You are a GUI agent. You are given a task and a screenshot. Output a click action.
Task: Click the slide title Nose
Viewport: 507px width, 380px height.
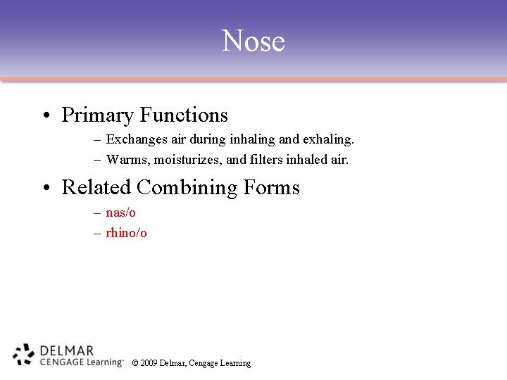(254, 41)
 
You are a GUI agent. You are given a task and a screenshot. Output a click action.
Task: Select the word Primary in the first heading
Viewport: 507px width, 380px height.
(97, 115)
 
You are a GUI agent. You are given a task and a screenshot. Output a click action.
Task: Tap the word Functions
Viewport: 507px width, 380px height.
(184, 115)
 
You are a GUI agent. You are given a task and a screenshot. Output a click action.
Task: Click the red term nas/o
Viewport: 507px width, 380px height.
(120, 213)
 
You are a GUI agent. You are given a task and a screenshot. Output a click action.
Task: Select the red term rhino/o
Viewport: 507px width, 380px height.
(126, 232)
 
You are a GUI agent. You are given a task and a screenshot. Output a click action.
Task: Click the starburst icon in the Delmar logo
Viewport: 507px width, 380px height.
(24, 355)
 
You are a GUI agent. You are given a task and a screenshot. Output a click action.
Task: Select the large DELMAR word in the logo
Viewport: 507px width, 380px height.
(67, 350)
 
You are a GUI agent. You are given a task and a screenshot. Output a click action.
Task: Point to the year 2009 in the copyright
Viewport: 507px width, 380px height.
(149, 363)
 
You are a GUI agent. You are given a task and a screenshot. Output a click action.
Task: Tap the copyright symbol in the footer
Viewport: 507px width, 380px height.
(135, 363)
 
